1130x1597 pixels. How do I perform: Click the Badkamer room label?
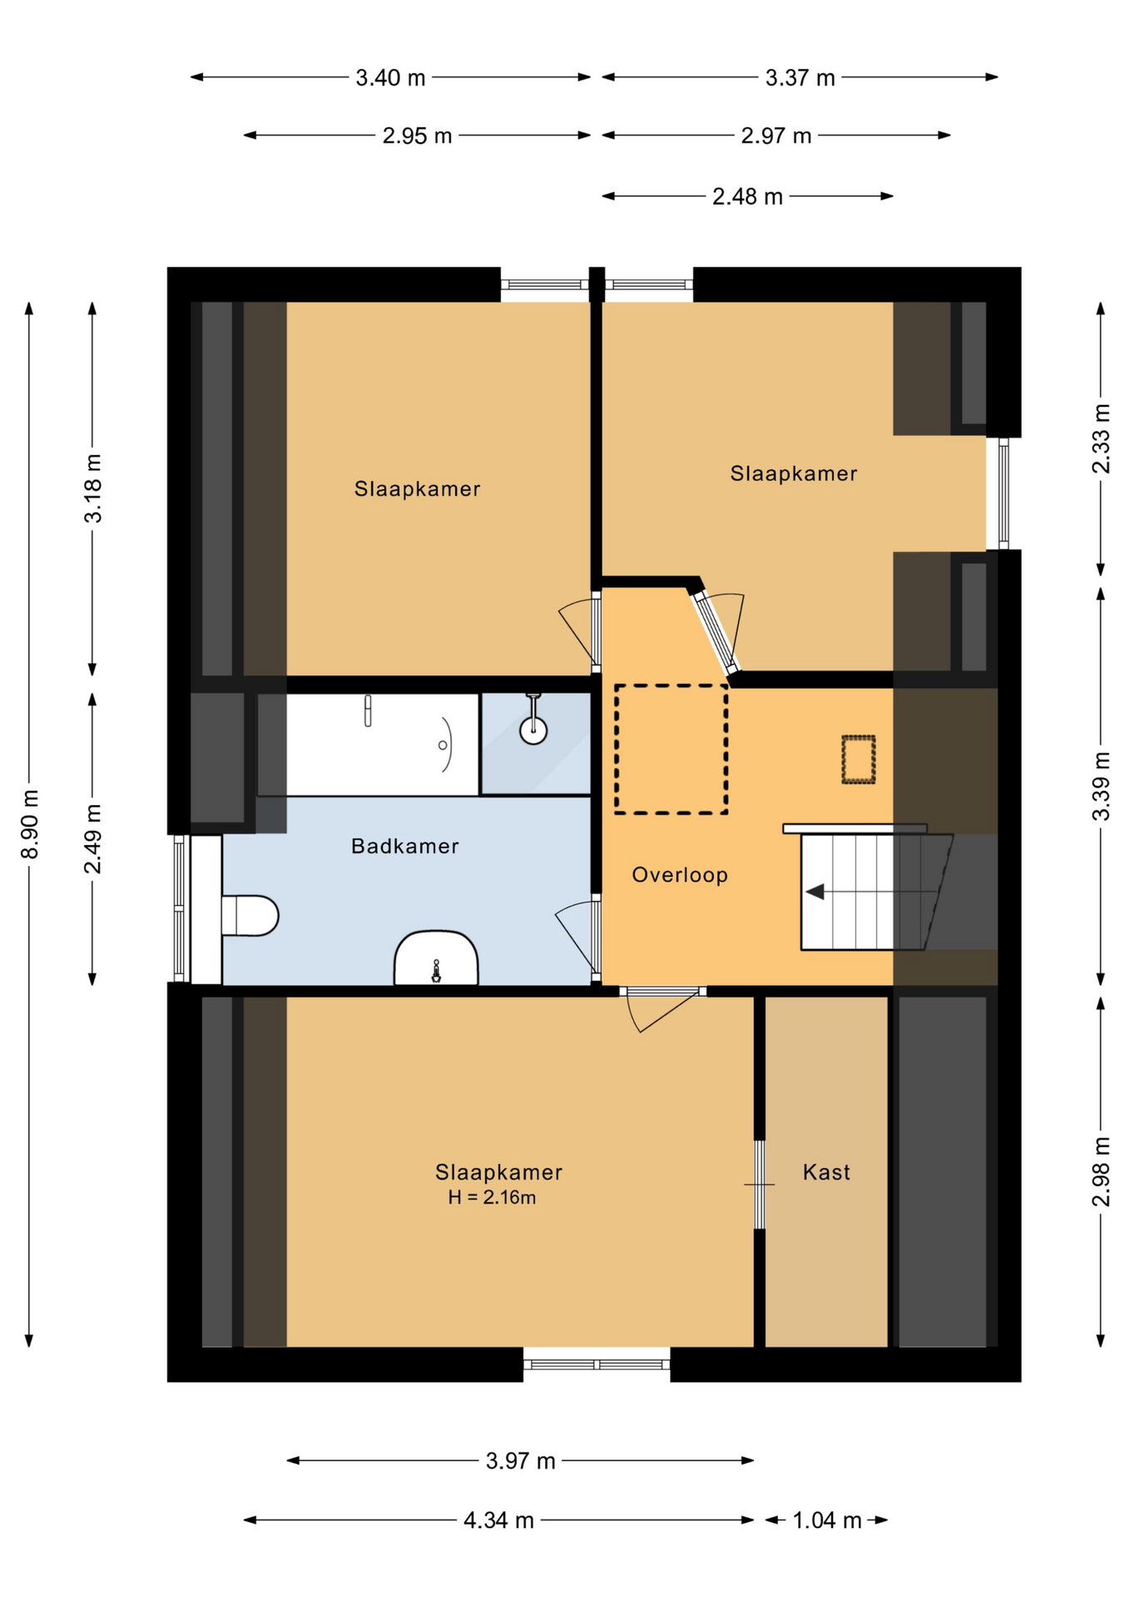[404, 846]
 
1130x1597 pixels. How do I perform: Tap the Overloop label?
[680, 874]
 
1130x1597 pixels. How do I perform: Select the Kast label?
[826, 1172]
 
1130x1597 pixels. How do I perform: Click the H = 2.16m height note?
[492, 1198]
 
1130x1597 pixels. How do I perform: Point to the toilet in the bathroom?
[249, 915]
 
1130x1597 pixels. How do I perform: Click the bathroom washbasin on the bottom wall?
[436, 958]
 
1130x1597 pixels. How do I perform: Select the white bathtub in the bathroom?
[382, 744]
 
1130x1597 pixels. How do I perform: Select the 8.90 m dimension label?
[30, 824]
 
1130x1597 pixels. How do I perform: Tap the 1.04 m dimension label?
[826, 1520]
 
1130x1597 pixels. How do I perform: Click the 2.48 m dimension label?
[747, 196]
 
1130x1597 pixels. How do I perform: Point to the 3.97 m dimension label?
[520, 1461]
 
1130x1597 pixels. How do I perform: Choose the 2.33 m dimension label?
[1101, 438]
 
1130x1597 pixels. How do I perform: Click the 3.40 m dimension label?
[390, 77]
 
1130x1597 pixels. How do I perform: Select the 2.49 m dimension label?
[93, 838]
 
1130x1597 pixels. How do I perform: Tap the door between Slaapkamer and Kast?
[759, 1184]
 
